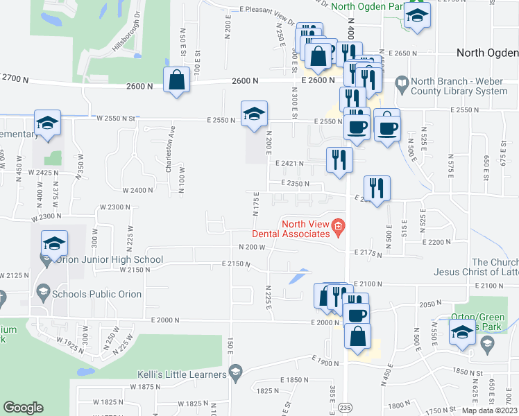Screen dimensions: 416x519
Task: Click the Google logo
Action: click(x=23, y=408)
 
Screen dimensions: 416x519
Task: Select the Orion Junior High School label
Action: click(x=106, y=260)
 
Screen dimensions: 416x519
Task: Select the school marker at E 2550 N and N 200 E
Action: click(x=254, y=114)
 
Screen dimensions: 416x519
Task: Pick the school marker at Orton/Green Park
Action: click(x=461, y=332)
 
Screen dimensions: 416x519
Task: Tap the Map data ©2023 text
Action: click(x=489, y=410)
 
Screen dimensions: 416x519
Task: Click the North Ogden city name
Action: click(x=487, y=53)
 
